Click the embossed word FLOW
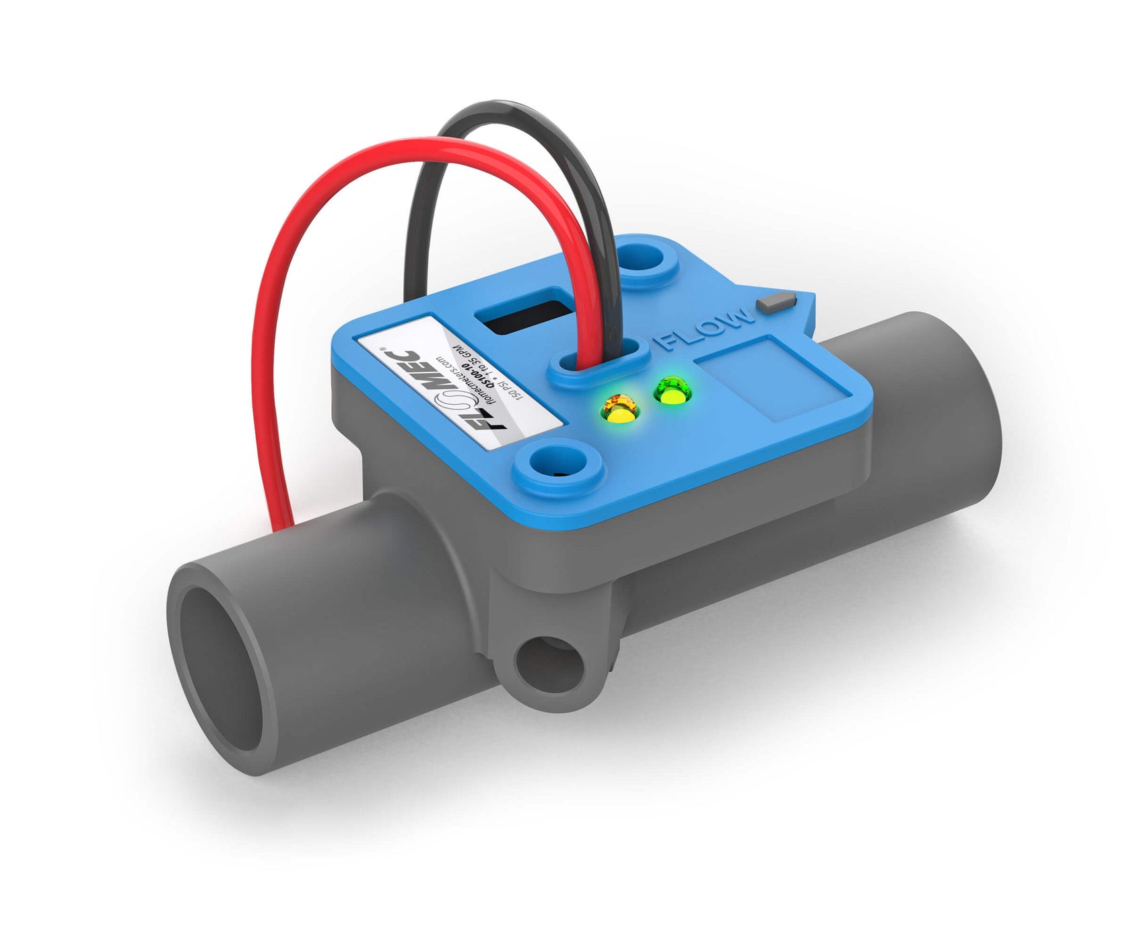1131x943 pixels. pos(706,328)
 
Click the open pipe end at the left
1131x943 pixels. pos(222,668)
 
